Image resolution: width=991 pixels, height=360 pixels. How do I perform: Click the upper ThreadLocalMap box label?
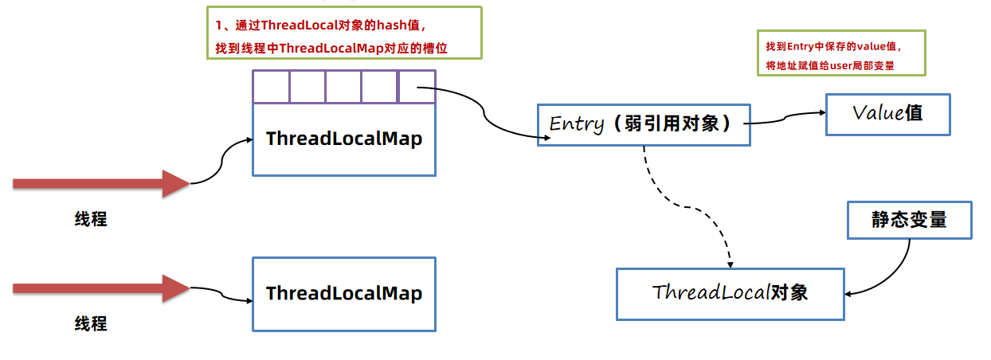tap(344, 139)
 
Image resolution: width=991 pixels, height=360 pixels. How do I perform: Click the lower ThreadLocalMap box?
tap(344, 293)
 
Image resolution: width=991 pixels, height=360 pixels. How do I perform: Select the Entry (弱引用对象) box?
tap(644, 125)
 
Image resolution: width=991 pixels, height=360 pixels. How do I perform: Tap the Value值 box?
tap(887, 113)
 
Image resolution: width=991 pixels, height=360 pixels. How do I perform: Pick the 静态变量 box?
tap(909, 220)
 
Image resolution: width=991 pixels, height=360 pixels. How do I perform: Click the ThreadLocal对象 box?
tap(730, 293)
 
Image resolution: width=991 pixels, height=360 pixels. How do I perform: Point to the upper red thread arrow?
tap(100, 183)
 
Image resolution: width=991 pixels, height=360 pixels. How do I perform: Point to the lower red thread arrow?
tap(100, 288)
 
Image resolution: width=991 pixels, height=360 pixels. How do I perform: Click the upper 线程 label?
tap(91, 220)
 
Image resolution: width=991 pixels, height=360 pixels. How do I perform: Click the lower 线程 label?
tap(91, 324)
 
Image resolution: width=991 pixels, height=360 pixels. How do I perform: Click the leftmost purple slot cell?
tap(271, 86)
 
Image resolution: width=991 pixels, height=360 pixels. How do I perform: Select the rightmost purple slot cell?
tap(417, 86)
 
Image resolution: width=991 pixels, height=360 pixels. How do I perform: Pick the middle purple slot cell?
tap(343, 86)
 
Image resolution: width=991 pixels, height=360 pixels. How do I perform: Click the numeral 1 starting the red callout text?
tap(217, 25)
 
